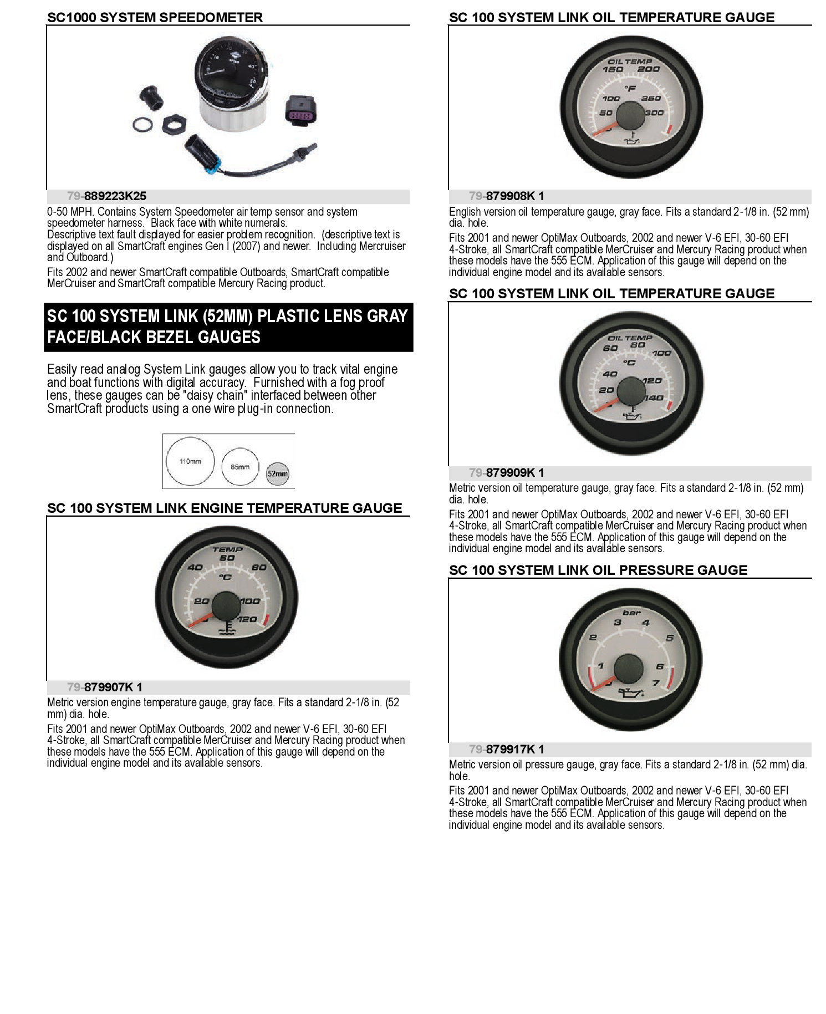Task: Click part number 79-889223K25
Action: (106, 196)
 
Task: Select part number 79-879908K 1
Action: (506, 196)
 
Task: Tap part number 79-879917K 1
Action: (506, 750)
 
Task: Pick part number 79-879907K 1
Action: (104, 687)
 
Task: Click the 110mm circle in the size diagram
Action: (190, 461)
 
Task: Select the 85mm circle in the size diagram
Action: (240, 467)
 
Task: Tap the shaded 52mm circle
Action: (278, 473)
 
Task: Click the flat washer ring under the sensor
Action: (142, 124)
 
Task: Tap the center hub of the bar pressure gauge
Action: (629, 667)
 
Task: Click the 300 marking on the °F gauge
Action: (655, 113)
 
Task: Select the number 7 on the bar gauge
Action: (656, 682)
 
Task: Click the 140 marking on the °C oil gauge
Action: (654, 398)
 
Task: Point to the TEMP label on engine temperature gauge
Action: (227, 549)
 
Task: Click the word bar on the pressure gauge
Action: (631, 613)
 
